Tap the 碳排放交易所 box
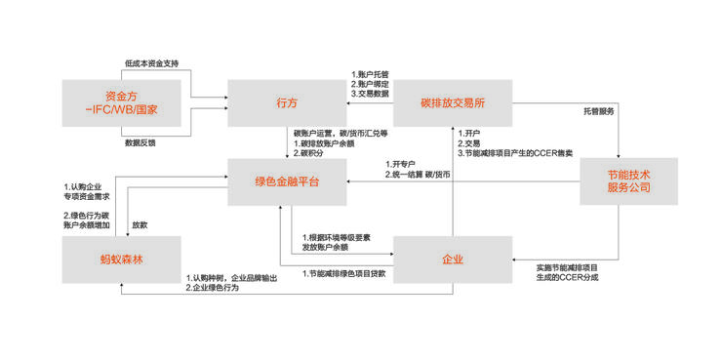coord(453,102)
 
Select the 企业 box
coord(452,260)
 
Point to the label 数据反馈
coord(140,142)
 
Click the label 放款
coord(140,224)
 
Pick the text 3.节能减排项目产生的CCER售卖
coord(517,152)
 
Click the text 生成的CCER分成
coord(567,278)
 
